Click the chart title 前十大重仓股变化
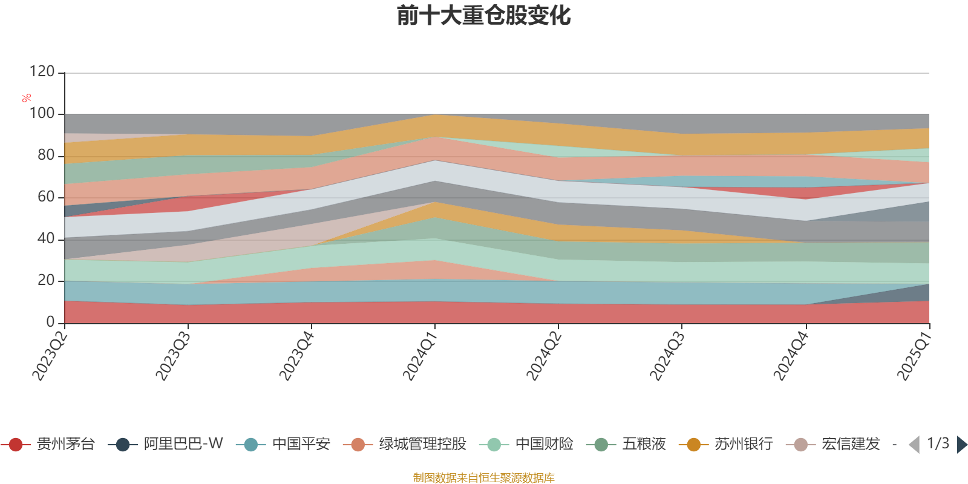(484, 16)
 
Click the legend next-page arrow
(961, 445)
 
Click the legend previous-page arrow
(914, 445)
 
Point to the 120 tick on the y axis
(42, 72)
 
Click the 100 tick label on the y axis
(42, 114)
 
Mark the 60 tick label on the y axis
(46, 197)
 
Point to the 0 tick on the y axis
(50, 322)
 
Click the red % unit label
(27, 98)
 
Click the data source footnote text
(484, 478)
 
